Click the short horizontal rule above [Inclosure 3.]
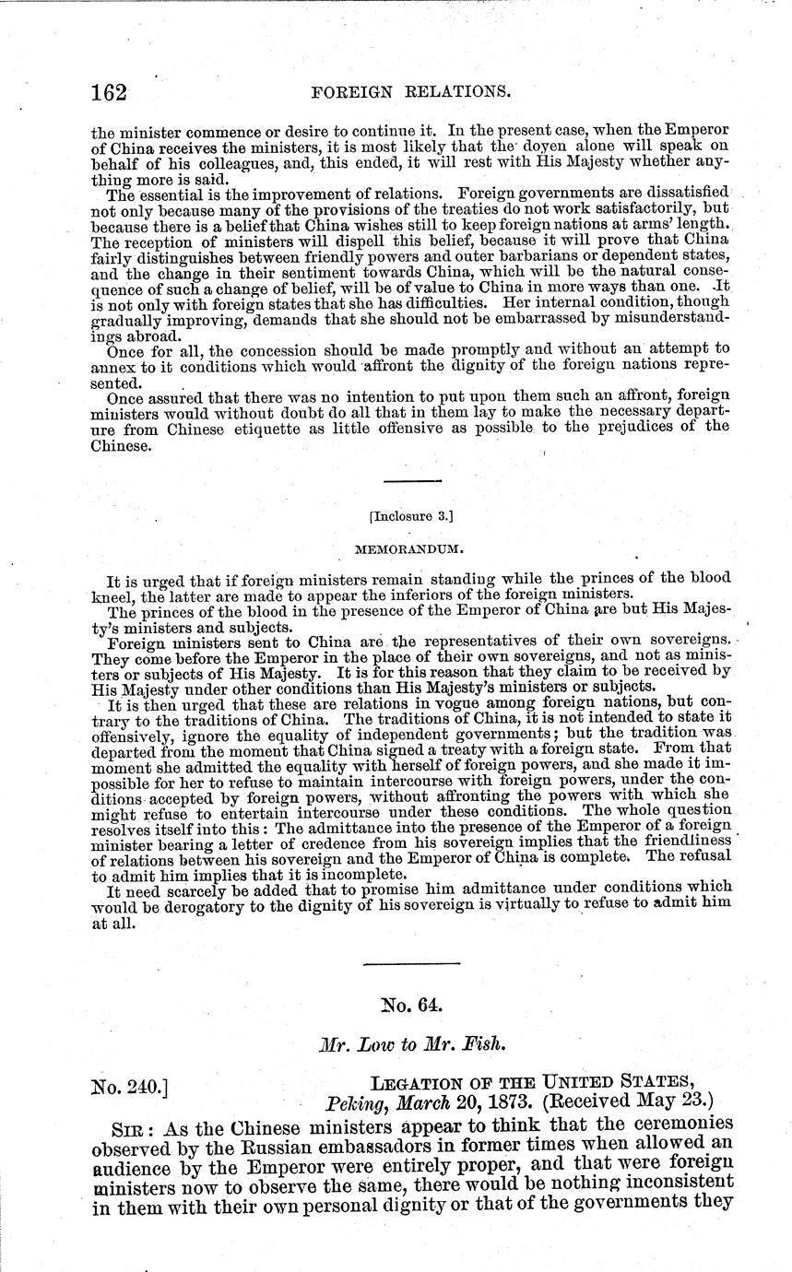click(412, 481)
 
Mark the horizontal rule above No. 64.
click(411, 963)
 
